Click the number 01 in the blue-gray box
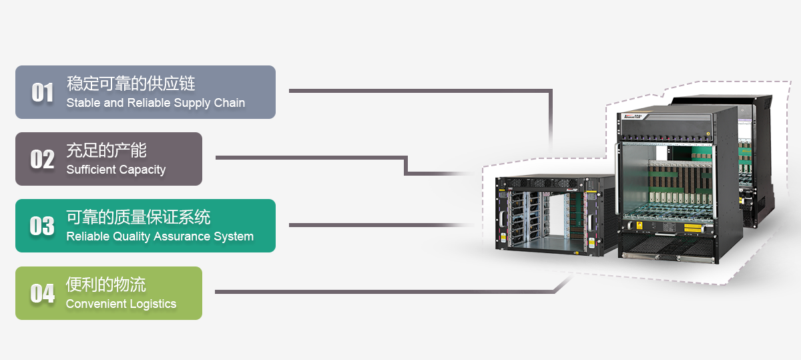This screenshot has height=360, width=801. (x=43, y=92)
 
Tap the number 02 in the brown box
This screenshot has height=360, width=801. (x=43, y=159)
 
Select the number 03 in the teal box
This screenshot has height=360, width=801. (x=43, y=226)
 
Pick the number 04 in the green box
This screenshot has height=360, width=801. (x=43, y=293)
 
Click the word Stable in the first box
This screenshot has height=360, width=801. (x=83, y=103)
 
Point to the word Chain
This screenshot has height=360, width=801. (x=229, y=103)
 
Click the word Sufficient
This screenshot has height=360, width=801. (x=91, y=170)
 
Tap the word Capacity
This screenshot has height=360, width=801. (x=142, y=170)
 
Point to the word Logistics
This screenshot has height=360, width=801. (x=153, y=304)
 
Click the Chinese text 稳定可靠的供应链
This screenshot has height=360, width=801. (x=131, y=83)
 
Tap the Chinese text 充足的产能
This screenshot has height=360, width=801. (x=106, y=150)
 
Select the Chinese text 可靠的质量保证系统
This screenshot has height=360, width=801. (x=138, y=217)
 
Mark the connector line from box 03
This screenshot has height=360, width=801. (x=380, y=225)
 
